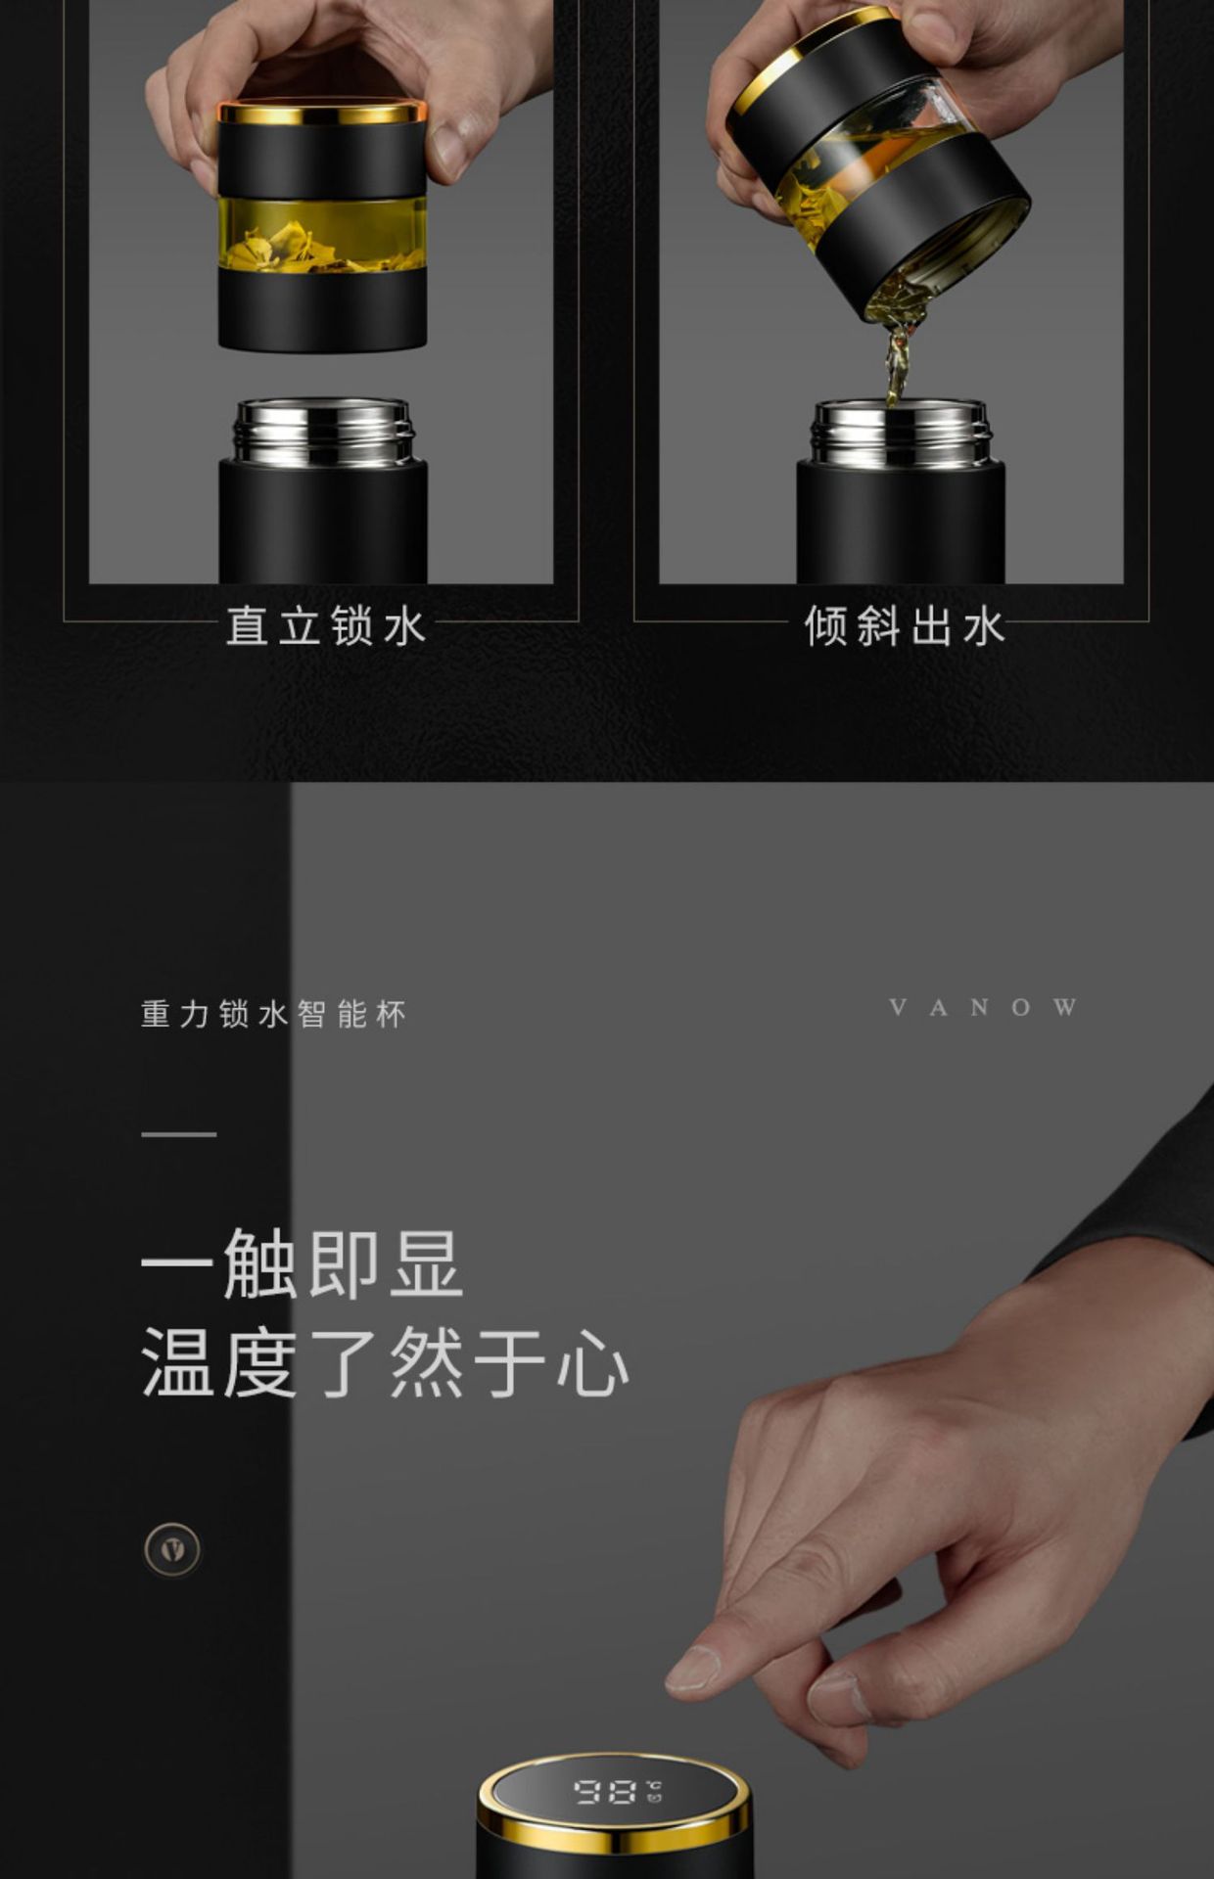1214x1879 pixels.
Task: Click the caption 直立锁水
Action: [x=326, y=626]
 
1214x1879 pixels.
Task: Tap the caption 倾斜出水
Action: [x=904, y=626]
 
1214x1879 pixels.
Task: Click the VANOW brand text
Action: [x=983, y=1008]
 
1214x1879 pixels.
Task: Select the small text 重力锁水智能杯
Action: [x=273, y=1014]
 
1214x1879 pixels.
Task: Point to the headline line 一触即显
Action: [x=302, y=1264]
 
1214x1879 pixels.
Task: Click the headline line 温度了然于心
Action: [x=385, y=1362]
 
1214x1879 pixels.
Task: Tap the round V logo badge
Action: [x=172, y=1549]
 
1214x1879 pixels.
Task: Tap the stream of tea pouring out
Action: [x=895, y=352]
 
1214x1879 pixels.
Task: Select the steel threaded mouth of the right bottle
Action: [x=901, y=433]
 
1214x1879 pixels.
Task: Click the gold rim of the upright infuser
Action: [x=322, y=114]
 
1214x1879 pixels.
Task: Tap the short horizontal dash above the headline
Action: [x=178, y=1134]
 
